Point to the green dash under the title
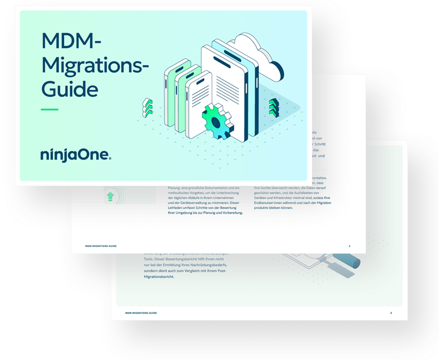coord(50,109)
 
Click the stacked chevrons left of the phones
coord(147,107)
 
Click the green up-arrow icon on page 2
coord(109,196)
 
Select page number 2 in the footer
coord(350,246)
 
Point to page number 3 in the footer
coord(391,313)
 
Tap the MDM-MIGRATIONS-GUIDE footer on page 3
coord(141,313)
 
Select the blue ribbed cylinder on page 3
coord(352,261)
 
